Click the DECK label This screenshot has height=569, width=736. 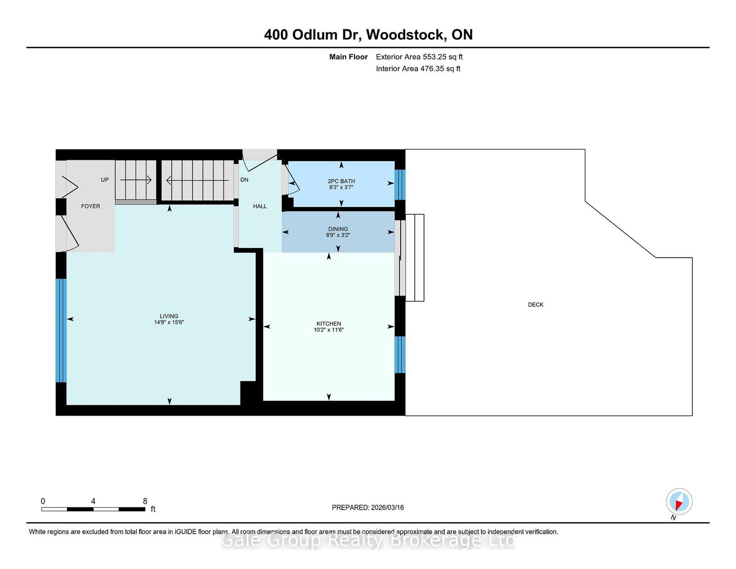(x=535, y=305)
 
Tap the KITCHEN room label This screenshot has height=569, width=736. (x=328, y=323)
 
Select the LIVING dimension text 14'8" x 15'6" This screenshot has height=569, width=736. (x=169, y=322)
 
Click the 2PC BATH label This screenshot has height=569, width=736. (x=341, y=181)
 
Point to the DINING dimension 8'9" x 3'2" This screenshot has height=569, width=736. (x=338, y=235)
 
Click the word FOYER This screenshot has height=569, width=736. (x=91, y=206)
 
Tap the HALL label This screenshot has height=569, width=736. (x=260, y=206)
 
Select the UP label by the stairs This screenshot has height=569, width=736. (x=105, y=180)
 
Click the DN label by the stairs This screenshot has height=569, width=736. (x=244, y=180)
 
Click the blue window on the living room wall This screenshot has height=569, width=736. (x=61, y=330)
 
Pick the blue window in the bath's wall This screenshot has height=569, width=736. (x=400, y=184)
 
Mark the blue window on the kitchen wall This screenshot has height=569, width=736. (x=400, y=354)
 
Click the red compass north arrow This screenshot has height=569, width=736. (x=678, y=505)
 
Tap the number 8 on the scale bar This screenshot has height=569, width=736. (x=145, y=501)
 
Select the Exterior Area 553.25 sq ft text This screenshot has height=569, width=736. (x=419, y=57)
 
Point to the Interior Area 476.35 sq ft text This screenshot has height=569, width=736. (x=418, y=69)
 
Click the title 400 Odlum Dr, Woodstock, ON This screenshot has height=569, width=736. (x=368, y=34)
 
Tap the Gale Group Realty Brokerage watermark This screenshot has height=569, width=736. (x=368, y=540)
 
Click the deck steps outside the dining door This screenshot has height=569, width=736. (x=414, y=258)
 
